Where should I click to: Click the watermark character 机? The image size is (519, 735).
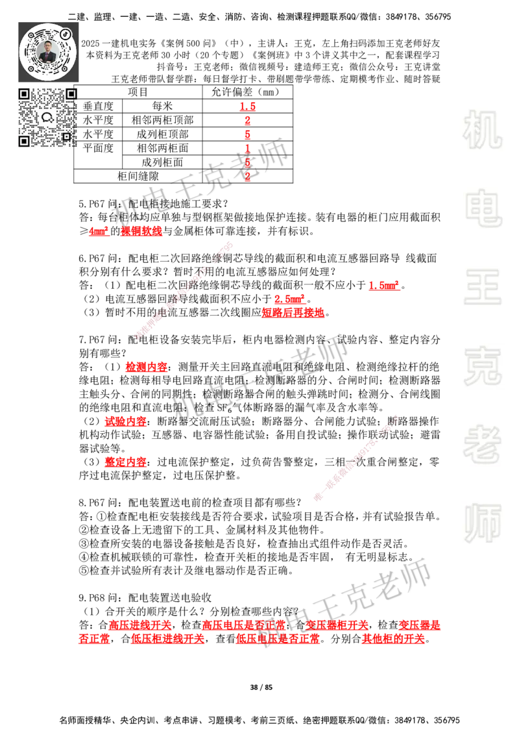pos(482,130)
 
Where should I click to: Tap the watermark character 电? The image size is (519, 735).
pos(485,208)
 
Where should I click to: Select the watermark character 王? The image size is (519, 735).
pos(482,288)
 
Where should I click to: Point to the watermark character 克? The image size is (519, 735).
pos(482,366)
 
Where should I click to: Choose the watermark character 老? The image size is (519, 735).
pos(482,444)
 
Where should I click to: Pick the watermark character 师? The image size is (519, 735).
pos(482,525)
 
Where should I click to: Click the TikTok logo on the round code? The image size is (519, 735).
pos(66,33)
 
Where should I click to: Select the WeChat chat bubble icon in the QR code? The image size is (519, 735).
pos(47,118)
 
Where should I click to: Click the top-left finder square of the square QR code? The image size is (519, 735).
pos(24,94)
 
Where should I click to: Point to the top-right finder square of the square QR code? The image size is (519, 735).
pos(71,94)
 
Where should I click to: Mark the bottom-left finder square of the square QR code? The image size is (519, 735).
pos(24,141)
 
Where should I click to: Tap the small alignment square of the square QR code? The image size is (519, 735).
pos(66,136)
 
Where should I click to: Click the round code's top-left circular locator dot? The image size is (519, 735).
pos(30,34)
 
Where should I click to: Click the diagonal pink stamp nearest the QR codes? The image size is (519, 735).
pos(183,291)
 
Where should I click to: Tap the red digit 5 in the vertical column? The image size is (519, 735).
pos(248,162)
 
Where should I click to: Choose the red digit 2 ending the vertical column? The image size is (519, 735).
pos(248,177)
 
